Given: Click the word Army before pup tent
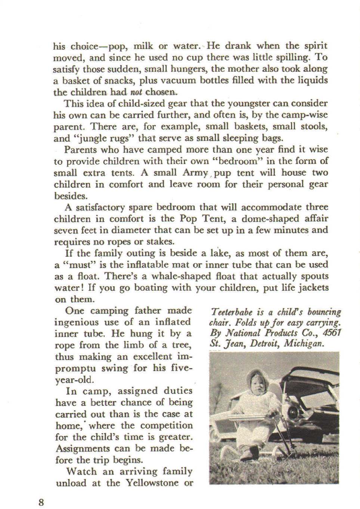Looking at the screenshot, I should [x=195, y=173].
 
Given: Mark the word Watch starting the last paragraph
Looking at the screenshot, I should [x=81, y=471].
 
